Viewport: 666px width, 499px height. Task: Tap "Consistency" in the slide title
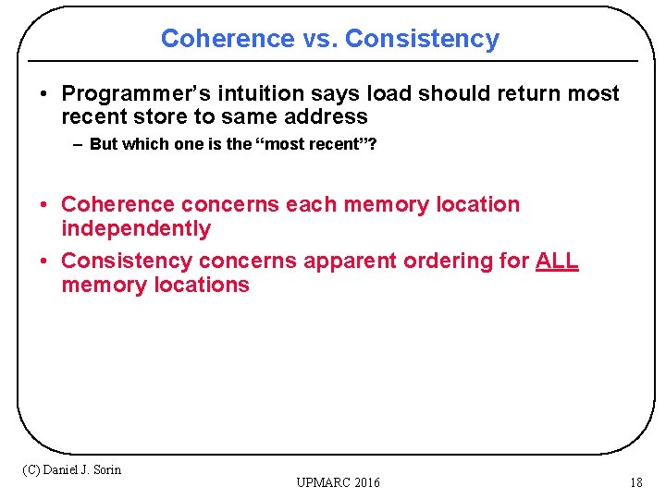click(x=422, y=39)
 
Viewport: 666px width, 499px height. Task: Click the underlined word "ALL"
click(x=557, y=262)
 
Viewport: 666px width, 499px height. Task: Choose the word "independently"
click(x=136, y=228)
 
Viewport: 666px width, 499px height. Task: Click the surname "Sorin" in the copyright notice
click(x=105, y=469)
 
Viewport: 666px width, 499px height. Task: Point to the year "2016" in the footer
click(x=364, y=482)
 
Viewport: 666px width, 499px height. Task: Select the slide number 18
click(x=635, y=482)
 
